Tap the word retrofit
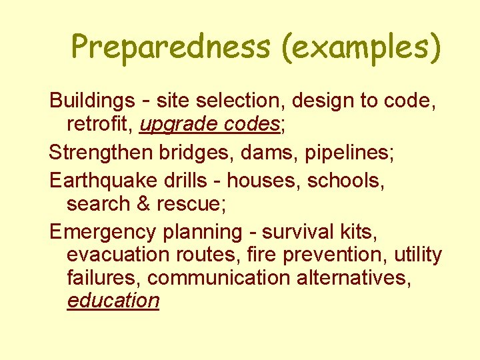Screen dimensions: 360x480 click(x=99, y=124)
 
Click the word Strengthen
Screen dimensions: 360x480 click(x=101, y=152)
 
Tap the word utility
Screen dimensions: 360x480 click(x=417, y=255)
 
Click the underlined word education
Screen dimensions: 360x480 click(x=113, y=300)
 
